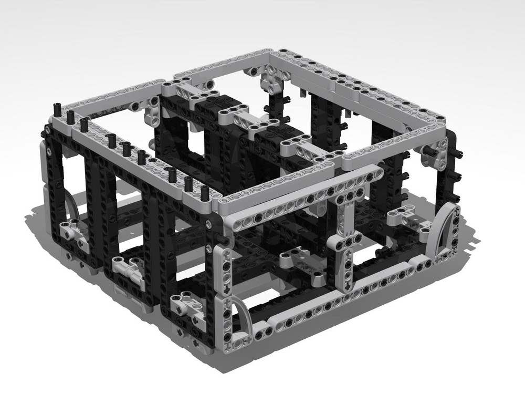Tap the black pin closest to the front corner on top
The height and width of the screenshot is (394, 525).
click(x=205, y=192)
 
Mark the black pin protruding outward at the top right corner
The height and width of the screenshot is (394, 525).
click(x=459, y=154)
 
